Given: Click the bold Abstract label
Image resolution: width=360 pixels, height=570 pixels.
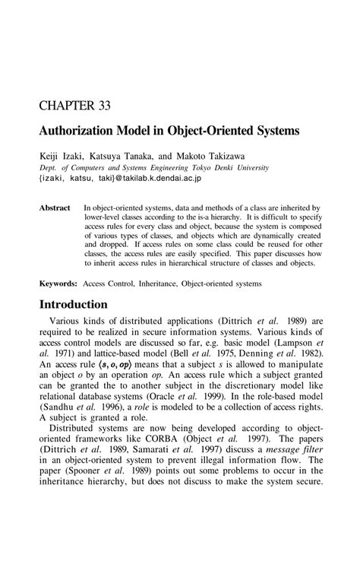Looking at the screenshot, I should click(55, 207).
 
